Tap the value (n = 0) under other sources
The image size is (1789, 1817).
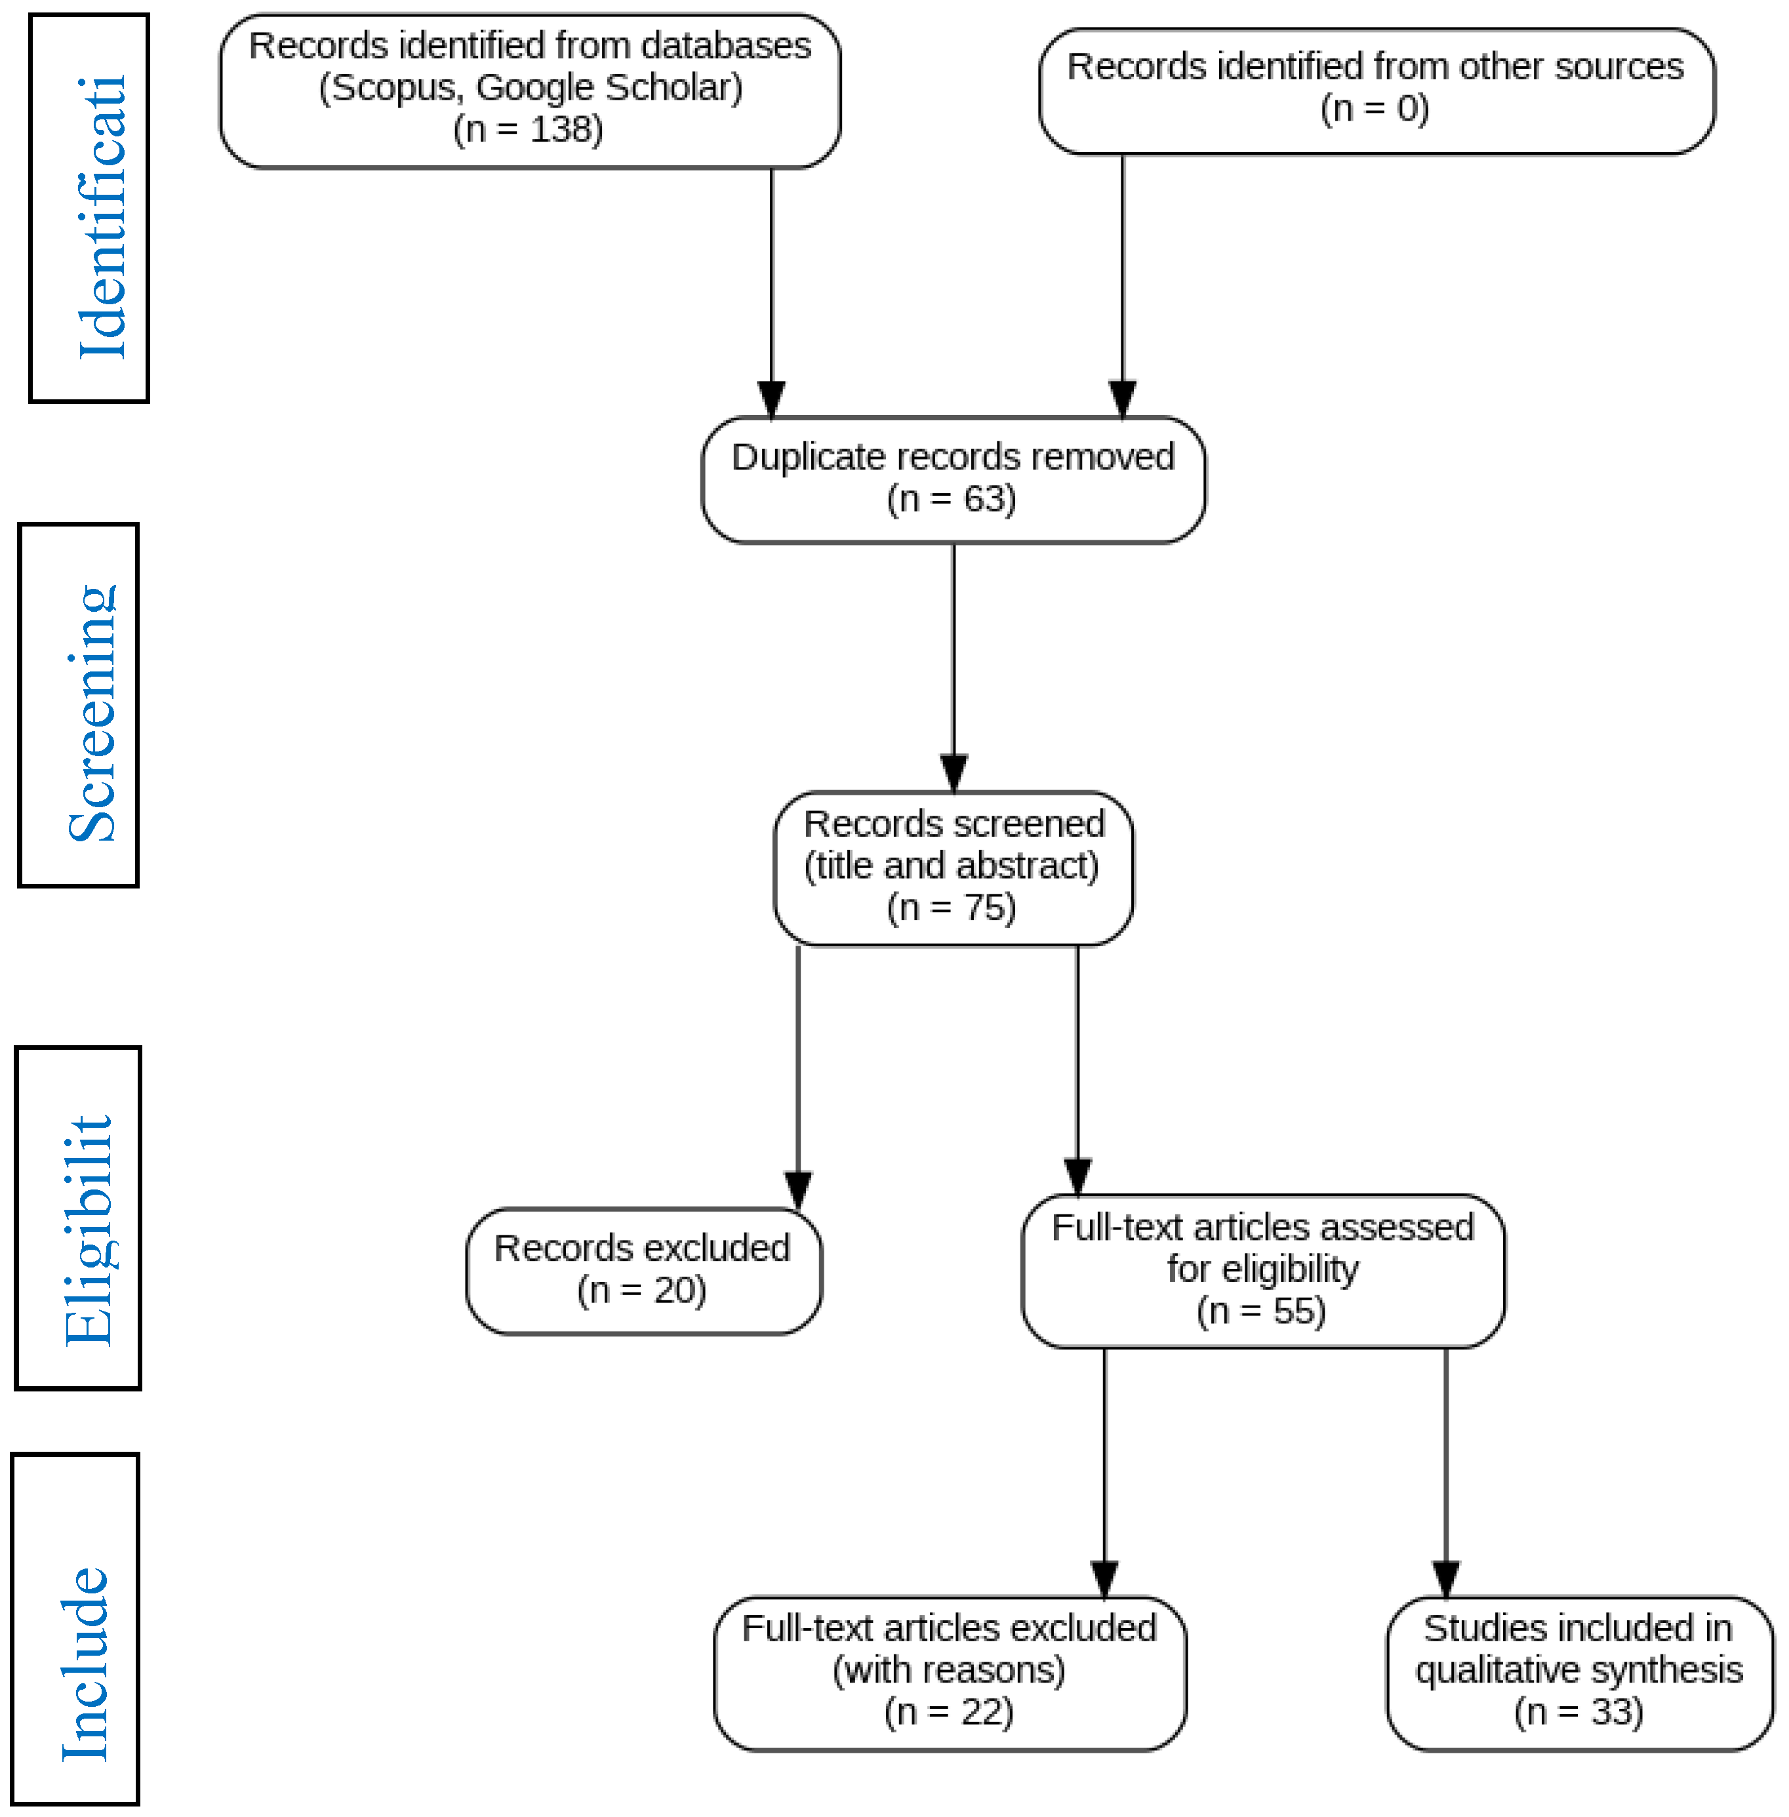pyautogui.click(x=1375, y=109)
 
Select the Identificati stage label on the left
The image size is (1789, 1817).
pyautogui.click(x=100, y=218)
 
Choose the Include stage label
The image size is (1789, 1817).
pyautogui.click(x=84, y=1663)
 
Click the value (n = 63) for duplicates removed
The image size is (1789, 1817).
pyautogui.click(x=951, y=499)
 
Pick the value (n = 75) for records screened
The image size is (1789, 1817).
pyautogui.click(x=951, y=908)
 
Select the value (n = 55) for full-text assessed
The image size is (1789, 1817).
pyautogui.click(x=1261, y=1311)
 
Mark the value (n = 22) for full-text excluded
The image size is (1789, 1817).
pyautogui.click(x=949, y=1712)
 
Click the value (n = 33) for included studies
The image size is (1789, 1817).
pyautogui.click(x=1578, y=1712)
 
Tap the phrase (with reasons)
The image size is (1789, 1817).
pyautogui.click(x=949, y=1670)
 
